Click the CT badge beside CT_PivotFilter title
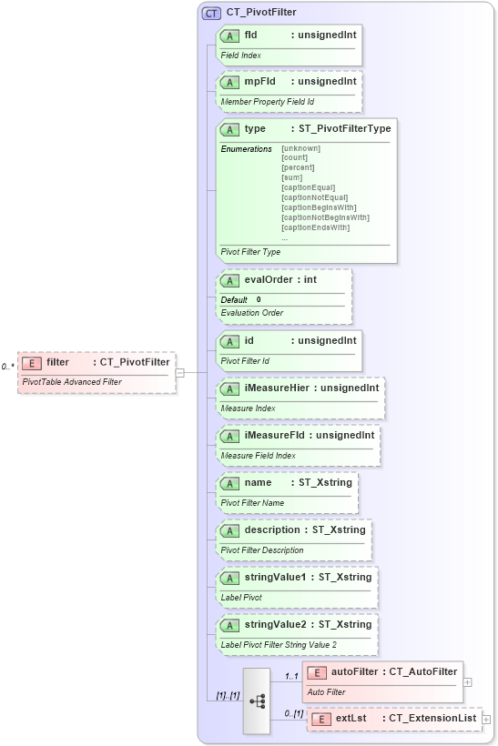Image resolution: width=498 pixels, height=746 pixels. (212, 13)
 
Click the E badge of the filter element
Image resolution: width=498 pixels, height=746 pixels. (31, 363)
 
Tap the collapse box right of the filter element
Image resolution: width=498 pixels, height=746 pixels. (179, 371)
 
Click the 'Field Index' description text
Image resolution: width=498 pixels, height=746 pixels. (241, 55)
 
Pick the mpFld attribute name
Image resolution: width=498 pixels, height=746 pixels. (259, 82)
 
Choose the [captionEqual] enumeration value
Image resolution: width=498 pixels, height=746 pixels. (309, 187)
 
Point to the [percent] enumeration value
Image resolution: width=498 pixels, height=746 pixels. (298, 167)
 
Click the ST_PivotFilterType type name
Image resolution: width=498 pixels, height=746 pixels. (345, 129)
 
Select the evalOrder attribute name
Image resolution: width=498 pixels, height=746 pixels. (269, 280)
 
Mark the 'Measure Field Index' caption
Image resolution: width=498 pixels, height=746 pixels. (259, 455)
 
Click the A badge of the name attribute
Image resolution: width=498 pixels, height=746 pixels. (230, 483)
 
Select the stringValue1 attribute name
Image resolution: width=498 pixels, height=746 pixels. (275, 577)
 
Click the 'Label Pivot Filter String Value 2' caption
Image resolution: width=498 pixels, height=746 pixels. (279, 644)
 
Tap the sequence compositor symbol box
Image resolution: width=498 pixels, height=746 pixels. (258, 701)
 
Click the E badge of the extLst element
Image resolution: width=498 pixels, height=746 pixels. (321, 719)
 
